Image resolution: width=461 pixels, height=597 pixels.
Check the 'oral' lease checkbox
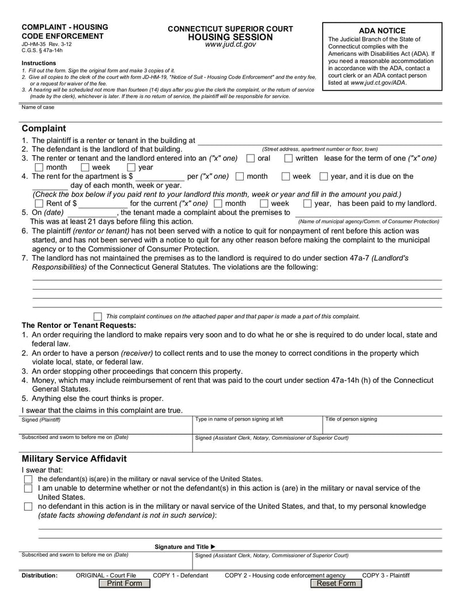(x=251, y=159)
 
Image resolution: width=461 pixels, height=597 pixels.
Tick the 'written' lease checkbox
(x=289, y=159)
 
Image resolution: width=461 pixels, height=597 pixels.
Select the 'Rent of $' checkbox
(x=39, y=204)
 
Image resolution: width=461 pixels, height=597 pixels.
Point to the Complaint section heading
(x=44, y=128)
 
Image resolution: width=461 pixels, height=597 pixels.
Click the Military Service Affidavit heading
(x=74, y=459)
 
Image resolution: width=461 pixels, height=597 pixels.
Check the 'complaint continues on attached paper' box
(x=97, y=316)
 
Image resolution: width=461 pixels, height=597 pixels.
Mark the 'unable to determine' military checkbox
(x=28, y=489)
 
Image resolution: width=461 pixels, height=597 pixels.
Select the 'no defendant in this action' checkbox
(x=28, y=506)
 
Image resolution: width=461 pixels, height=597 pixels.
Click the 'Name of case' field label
(x=38, y=107)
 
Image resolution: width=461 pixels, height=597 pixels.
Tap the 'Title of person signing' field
(x=382, y=425)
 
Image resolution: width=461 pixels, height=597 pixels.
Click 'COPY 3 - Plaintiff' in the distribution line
(x=386, y=575)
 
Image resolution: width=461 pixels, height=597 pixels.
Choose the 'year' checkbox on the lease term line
(x=131, y=168)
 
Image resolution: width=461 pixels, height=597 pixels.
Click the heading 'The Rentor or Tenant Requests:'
(x=79, y=325)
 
